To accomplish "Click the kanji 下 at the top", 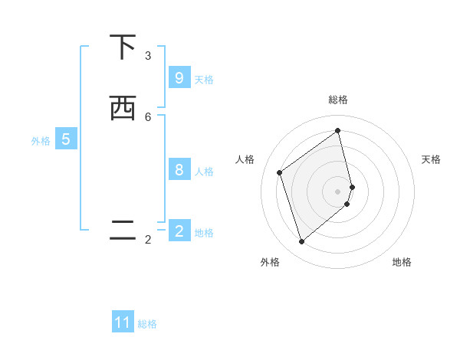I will pyautogui.click(x=122, y=47).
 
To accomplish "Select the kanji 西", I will pyautogui.click(x=122, y=108).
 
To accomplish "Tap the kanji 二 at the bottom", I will pyautogui.click(x=122, y=231).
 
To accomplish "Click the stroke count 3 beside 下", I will pyautogui.click(x=148, y=56).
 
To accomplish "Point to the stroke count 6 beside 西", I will pyautogui.click(x=148, y=116).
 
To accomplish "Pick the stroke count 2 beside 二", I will pyautogui.click(x=148, y=240).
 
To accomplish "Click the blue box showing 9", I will pyautogui.click(x=179, y=78).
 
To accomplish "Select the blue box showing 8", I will pyautogui.click(x=179, y=170).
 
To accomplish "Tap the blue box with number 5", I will pyautogui.click(x=66, y=139).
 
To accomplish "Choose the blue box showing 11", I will pyautogui.click(x=123, y=322).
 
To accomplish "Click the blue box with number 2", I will pyautogui.click(x=179, y=231).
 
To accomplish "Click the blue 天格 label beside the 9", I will pyautogui.click(x=204, y=80).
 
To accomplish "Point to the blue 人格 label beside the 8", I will pyautogui.click(x=204, y=172).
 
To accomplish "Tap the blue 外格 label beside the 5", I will pyautogui.click(x=41, y=141).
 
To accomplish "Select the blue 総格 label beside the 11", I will pyautogui.click(x=147, y=324).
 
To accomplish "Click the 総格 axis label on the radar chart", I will pyautogui.click(x=338, y=100).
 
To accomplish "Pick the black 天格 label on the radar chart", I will pyautogui.click(x=431, y=159).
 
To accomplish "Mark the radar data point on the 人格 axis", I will pyautogui.click(x=280, y=172).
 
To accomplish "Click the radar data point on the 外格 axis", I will pyautogui.click(x=301, y=242).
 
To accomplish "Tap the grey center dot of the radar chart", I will pyautogui.click(x=338, y=191).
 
